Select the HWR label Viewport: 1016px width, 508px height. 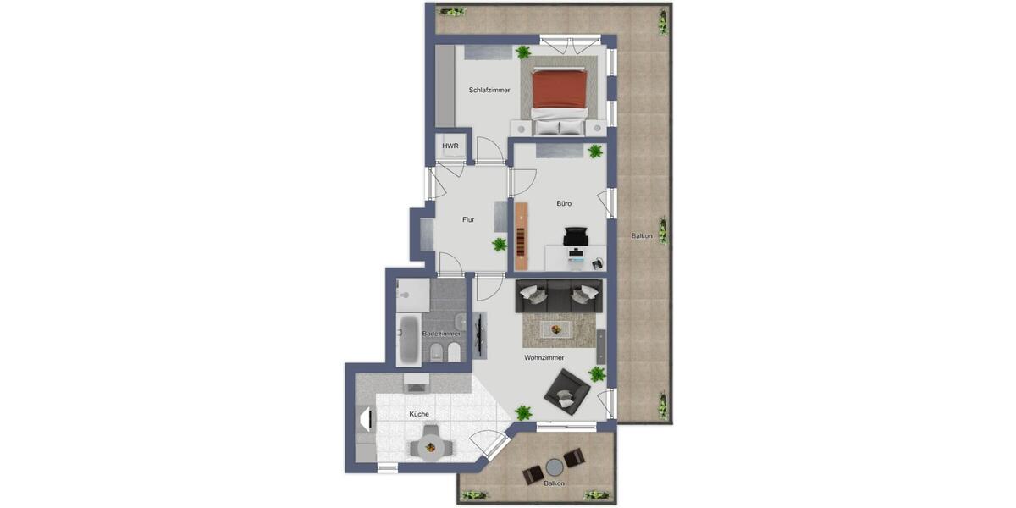[450, 146]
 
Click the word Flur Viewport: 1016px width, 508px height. [468, 220]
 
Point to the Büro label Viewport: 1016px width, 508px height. [564, 203]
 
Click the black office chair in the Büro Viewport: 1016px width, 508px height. [575, 236]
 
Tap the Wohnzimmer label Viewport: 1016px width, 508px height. [544, 358]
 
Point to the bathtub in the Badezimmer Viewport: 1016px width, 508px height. [409, 339]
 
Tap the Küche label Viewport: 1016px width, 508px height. [418, 414]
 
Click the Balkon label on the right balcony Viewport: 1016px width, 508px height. [642, 236]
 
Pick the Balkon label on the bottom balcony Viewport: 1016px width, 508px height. [555, 483]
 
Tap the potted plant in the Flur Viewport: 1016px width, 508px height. [500, 245]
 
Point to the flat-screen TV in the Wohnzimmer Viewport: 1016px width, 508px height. [483, 334]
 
